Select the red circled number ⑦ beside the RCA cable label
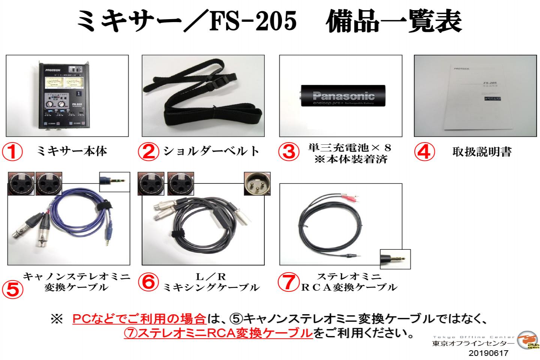(288, 282)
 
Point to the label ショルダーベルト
(211, 151)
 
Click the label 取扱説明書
(481, 152)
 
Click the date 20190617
(488, 353)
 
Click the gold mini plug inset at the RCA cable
(395, 259)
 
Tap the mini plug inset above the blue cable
(114, 182)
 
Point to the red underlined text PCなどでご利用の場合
(139, 319)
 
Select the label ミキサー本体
(72, 151)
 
